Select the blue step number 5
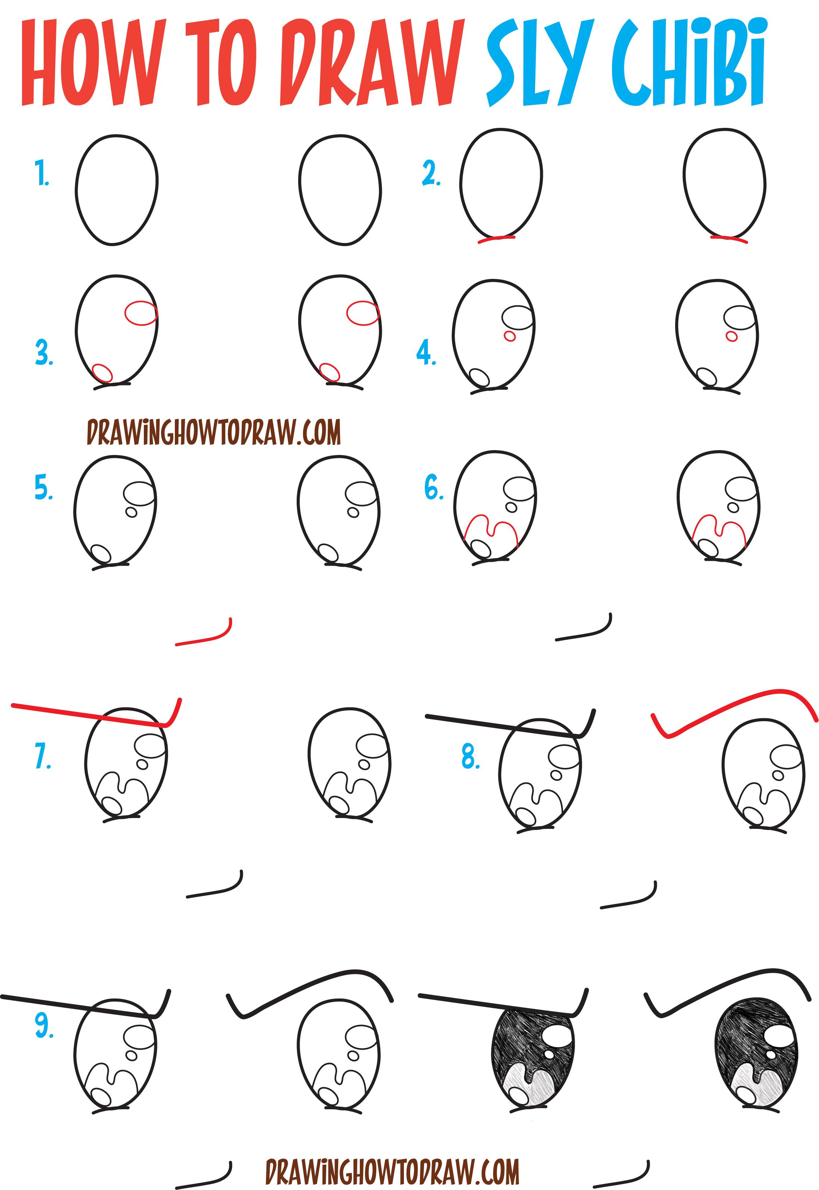(x=44, y=488)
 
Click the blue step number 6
(x=434, y=488)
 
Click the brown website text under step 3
(x=213, y=432)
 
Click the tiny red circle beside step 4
(x=510, y=336)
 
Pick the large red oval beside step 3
(x=140, y=313)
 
